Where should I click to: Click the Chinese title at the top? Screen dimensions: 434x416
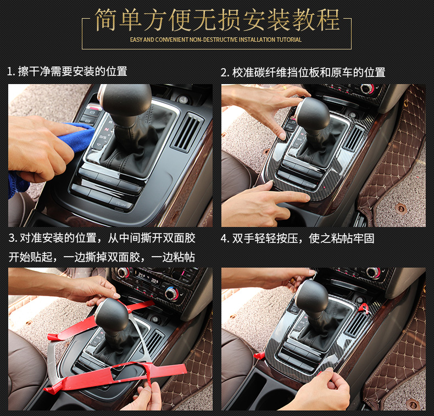[x=217, y=20]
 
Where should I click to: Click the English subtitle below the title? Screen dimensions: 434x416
[x=215, y=40]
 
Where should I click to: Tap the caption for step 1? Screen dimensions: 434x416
[x=67, y=71]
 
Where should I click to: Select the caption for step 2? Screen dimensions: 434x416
[x=303, y=72]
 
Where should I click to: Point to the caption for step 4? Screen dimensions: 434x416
[x=298, y=238]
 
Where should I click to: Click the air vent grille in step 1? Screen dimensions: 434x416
[x=189, y=131]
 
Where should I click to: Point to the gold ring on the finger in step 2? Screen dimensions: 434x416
[x=284, y=88]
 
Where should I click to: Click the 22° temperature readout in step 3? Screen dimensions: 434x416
[x=154, y=281]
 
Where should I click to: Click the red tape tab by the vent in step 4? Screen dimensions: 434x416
[x=364, y=308]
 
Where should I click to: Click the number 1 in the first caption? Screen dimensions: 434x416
[x=10, y=71]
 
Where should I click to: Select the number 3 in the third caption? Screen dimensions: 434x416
[x=12, y=238]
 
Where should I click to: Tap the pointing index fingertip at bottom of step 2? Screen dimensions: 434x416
[x=306, y=197]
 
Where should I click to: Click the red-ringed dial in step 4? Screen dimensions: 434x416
[x=373, y=273]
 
